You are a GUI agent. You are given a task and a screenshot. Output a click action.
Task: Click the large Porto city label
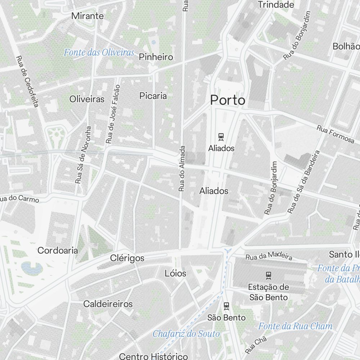[x=228, y=100]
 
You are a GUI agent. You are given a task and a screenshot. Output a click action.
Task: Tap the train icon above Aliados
[x=221, y=137]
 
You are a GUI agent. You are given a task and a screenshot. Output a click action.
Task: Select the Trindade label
[x=276, y=5]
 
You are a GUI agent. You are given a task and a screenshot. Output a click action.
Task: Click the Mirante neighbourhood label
[x=87, y=16]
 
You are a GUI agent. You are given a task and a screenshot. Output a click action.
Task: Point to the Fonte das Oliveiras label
[x=99, y=53]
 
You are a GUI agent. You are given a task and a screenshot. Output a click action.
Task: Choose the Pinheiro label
[x=156, y=57]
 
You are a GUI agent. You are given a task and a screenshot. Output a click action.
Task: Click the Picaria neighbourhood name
[x=153, y=96]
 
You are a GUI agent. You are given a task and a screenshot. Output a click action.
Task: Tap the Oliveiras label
[x=87, y=99]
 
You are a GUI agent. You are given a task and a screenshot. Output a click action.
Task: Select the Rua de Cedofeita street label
[x=27, y=81]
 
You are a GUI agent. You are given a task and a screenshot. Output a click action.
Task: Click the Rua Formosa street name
[x=335, y=134]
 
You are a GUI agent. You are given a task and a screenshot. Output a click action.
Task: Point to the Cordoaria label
[x=58, y=250]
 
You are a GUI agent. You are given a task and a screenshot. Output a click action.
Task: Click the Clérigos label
[x=127, y=258]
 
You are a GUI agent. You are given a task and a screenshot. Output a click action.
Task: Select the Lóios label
[x=175, y=274]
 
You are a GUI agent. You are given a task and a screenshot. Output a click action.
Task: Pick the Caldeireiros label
[x=108, y=304]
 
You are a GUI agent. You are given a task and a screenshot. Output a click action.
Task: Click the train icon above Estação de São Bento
[x=268, y=276]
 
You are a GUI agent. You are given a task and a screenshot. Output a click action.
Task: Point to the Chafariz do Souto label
[x=186, y=334]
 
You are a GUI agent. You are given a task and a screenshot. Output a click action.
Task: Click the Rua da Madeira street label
[x=269, y=256]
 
